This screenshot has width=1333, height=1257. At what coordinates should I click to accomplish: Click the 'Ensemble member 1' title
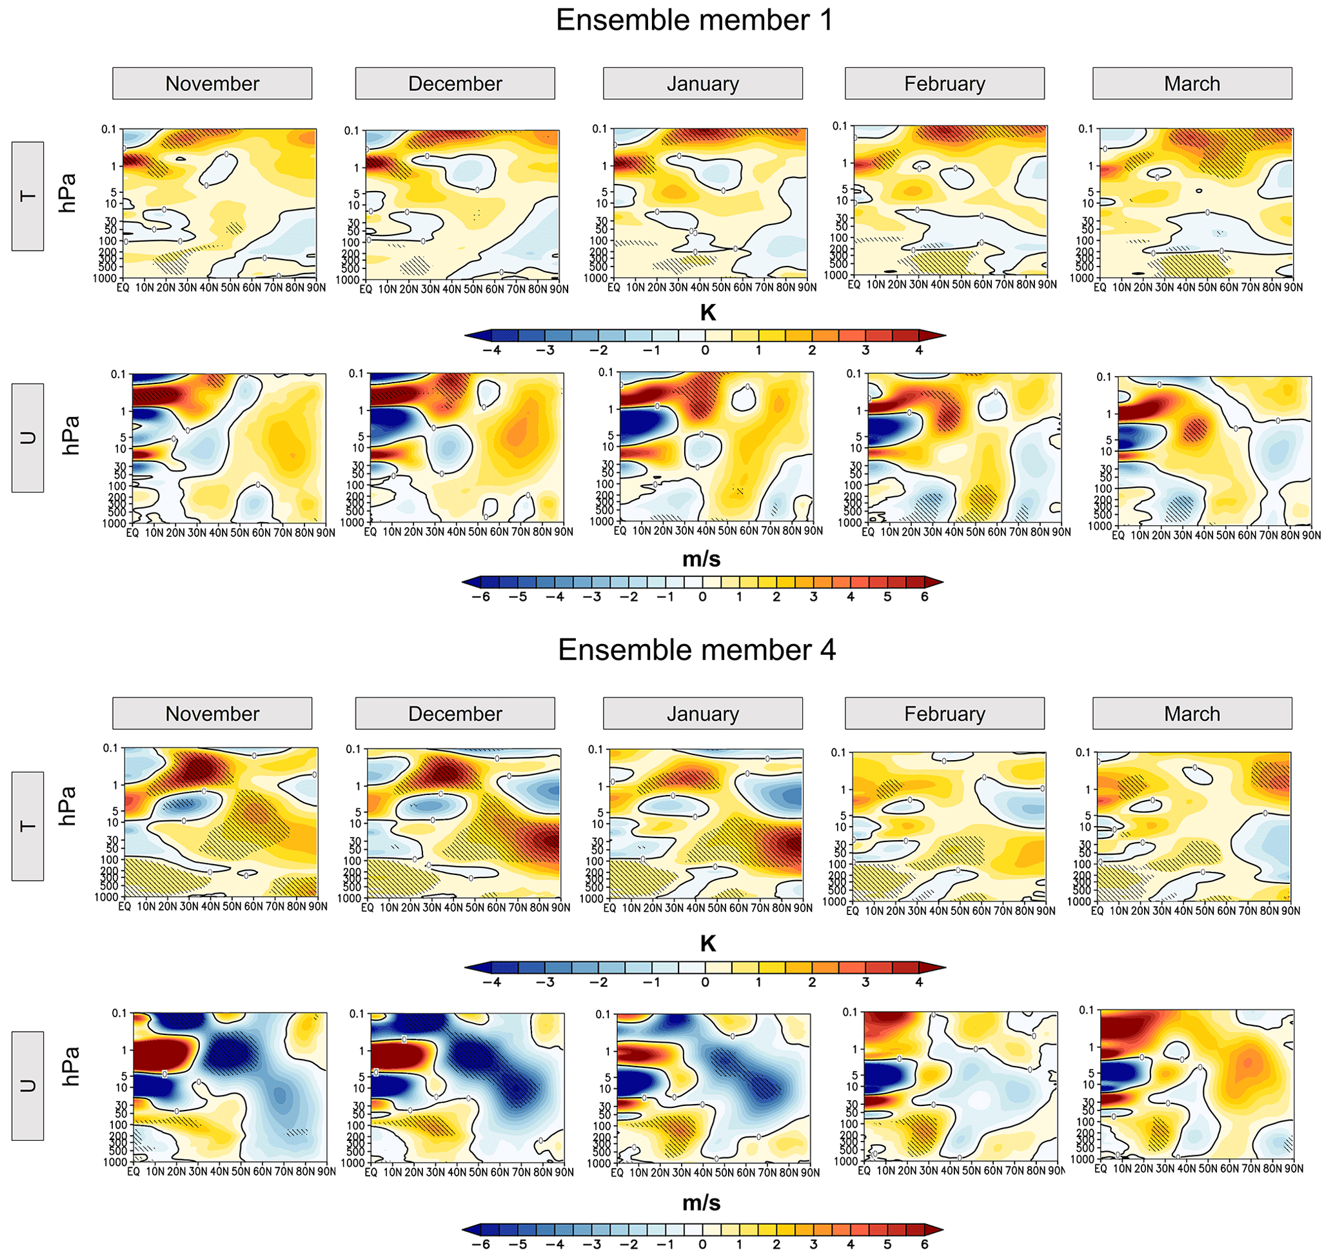point(694,20)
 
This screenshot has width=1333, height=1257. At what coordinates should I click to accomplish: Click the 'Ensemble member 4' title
point(696,650)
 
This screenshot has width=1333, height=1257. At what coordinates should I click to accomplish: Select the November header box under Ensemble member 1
point(212,83)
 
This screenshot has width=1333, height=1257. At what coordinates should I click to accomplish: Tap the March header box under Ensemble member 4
point(1192,713)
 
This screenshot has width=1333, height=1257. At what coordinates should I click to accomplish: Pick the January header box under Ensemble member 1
point(702,83)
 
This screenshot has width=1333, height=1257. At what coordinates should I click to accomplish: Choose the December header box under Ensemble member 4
point(455,713)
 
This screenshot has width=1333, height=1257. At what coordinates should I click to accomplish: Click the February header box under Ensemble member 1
point(944,83)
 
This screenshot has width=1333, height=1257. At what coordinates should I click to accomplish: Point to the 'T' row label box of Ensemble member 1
point(28,196)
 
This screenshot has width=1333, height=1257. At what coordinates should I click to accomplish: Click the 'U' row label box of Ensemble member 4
point(28,1085)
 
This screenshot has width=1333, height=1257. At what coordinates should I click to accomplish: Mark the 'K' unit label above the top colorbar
point(707,312)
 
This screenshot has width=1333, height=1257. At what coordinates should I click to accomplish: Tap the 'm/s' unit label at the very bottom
point(702,1203)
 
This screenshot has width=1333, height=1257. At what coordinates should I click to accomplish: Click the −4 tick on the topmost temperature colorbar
point(493,350)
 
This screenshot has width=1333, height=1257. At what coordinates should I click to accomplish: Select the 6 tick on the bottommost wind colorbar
point(924,1244)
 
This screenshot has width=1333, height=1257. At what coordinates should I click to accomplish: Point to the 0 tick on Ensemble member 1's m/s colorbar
point(702,597)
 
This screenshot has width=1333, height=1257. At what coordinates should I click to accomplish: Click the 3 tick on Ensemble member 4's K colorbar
point(865,982)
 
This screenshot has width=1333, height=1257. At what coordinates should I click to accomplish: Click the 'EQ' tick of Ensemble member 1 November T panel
point(123,288)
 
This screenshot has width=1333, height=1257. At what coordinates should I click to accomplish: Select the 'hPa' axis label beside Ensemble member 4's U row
point(70,1067)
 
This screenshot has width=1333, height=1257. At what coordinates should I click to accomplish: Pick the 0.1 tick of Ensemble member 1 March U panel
point(1103,377)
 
